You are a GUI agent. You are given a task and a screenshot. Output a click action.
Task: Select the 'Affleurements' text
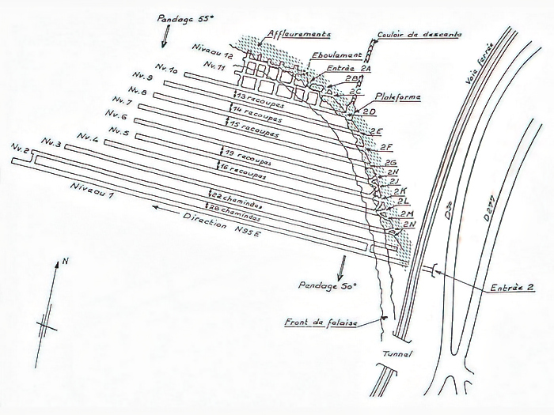point(298,33)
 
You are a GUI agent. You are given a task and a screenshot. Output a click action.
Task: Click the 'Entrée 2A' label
point(347,70)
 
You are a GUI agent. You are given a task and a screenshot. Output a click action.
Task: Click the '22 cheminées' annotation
point(237,194)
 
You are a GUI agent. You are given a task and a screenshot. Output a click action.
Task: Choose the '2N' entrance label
point(409,224)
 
